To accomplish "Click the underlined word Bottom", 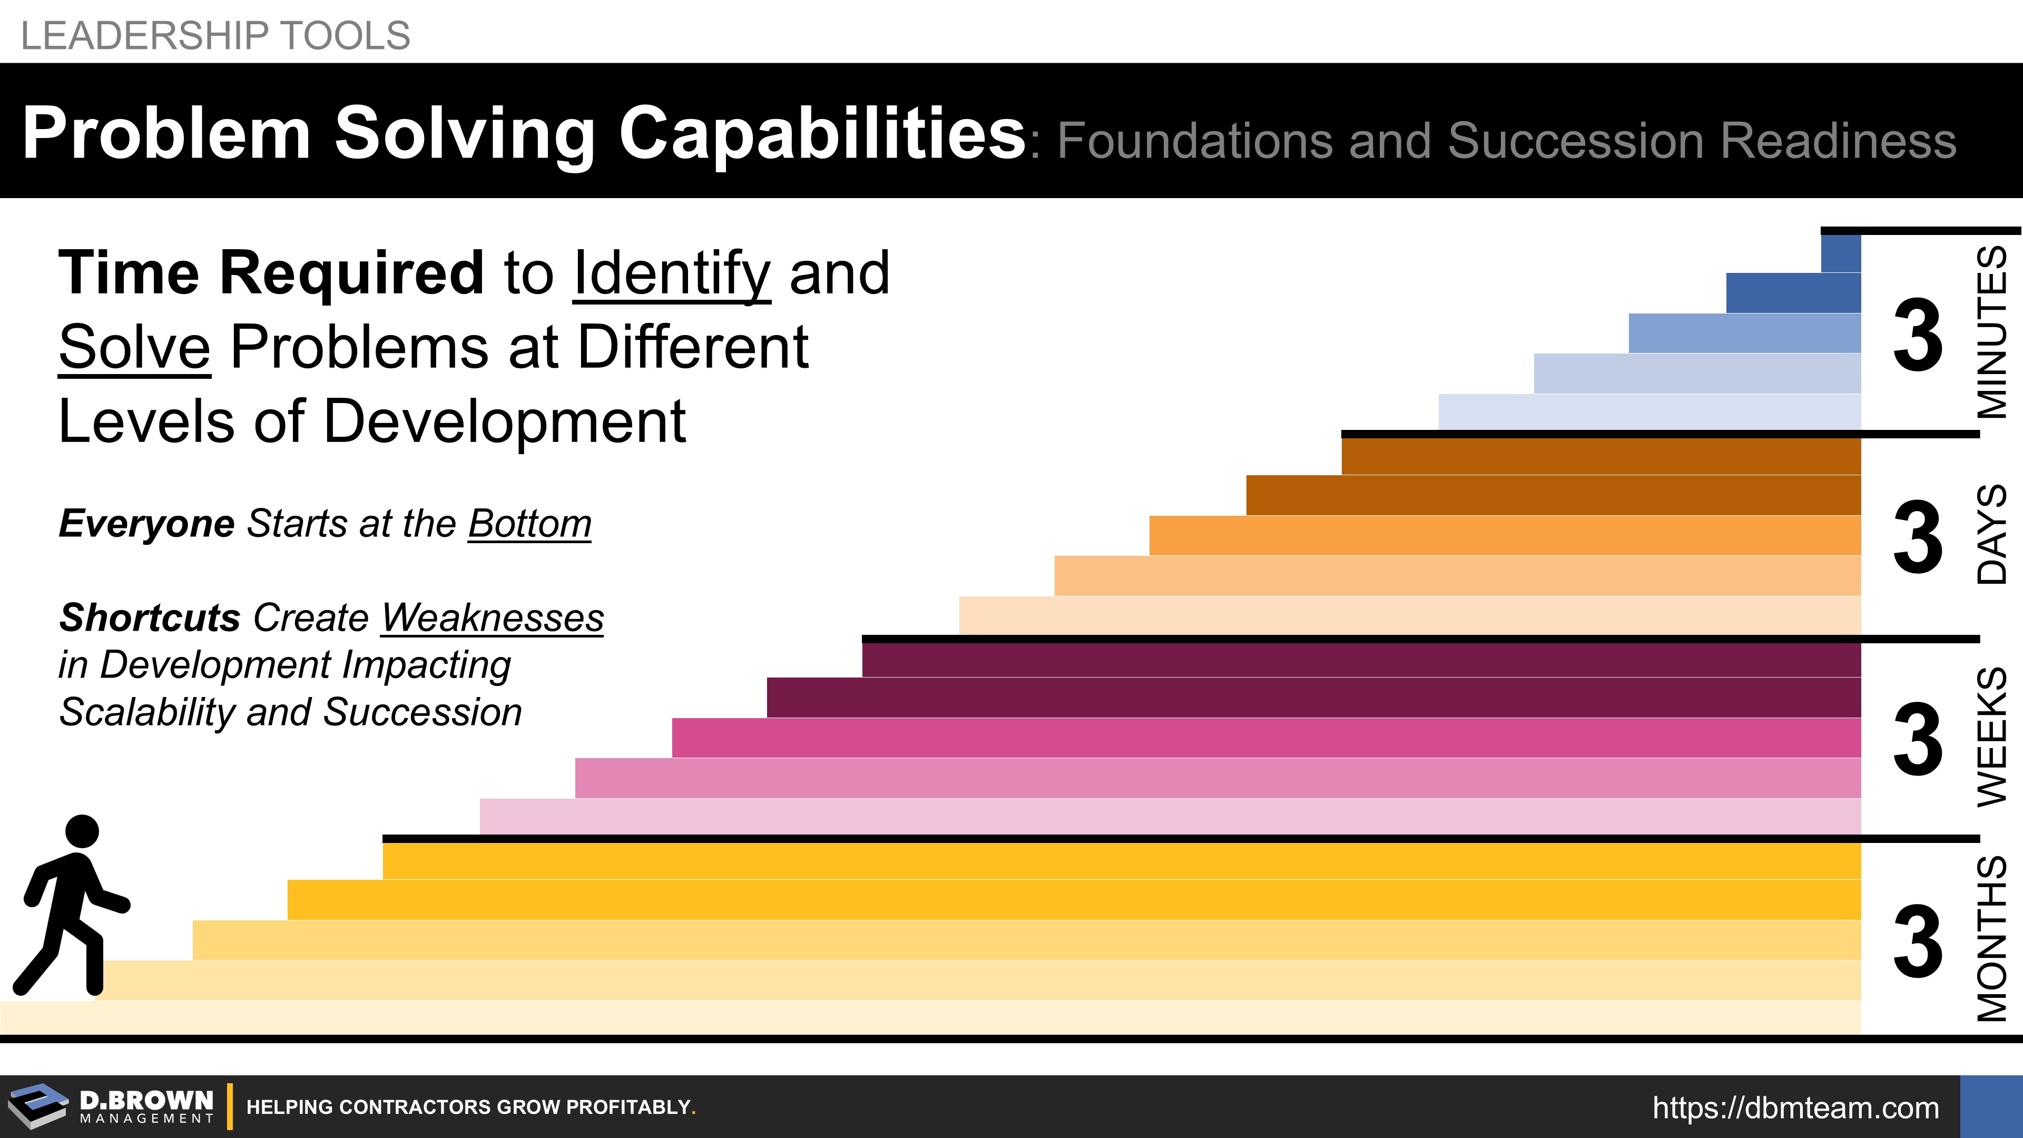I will (529, 523).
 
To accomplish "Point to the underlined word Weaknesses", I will (493, 617).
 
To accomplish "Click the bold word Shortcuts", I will (149, 617).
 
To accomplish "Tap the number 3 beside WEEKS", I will (1918, 739).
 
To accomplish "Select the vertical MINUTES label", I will (1991, 332).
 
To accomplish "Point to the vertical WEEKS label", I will (1991, 737).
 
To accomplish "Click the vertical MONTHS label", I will (1991, 938).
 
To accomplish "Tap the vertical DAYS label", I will (1991, 534).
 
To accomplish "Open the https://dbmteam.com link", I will (1795, 1107).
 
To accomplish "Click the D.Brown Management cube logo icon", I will (38, 1106).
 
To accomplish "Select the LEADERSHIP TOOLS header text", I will (215, 35).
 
